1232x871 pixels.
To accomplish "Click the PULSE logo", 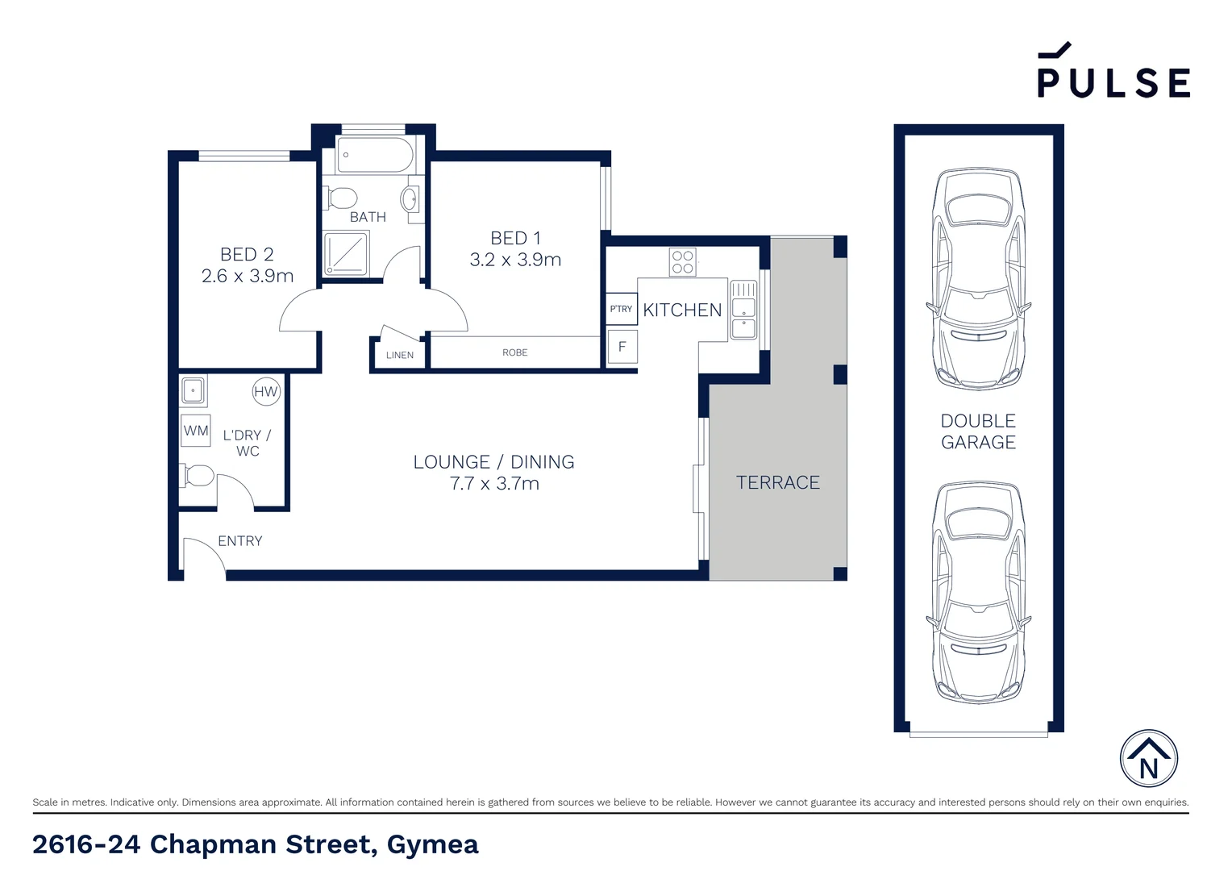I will click(x=1113, y=73).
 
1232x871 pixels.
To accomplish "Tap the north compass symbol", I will click(x=1148, y=759).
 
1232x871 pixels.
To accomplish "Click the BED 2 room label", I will click(x=247, y=254).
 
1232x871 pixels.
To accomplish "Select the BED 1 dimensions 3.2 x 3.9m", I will click(x=515, y=260).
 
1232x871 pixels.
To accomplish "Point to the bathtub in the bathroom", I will click(x=375, y=155).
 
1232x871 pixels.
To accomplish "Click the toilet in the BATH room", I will click(x=343, y=198).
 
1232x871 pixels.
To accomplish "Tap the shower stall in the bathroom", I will click(x=346, y=253).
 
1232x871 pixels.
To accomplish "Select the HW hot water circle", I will click(x=265, y=392).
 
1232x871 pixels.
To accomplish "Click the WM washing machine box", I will click(x=196, y=431).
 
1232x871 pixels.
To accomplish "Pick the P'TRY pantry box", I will click(x=621, y=309).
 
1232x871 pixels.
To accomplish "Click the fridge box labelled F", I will click(x=622, y=347).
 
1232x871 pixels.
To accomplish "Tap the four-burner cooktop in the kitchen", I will click(x=682, y=262).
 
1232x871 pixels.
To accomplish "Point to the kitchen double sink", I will click(x=743, y=310).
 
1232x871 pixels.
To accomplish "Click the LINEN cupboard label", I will click(x=399, y=355).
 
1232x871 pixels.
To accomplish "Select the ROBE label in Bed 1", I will click(x=514, y=352).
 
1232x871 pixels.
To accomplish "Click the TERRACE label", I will click(x=777, y=482).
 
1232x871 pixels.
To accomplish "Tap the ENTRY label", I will click(x=239, y=541).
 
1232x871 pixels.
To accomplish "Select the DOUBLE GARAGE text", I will click(x=978, y=431).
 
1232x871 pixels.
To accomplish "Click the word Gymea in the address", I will click(x=432, y=844).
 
